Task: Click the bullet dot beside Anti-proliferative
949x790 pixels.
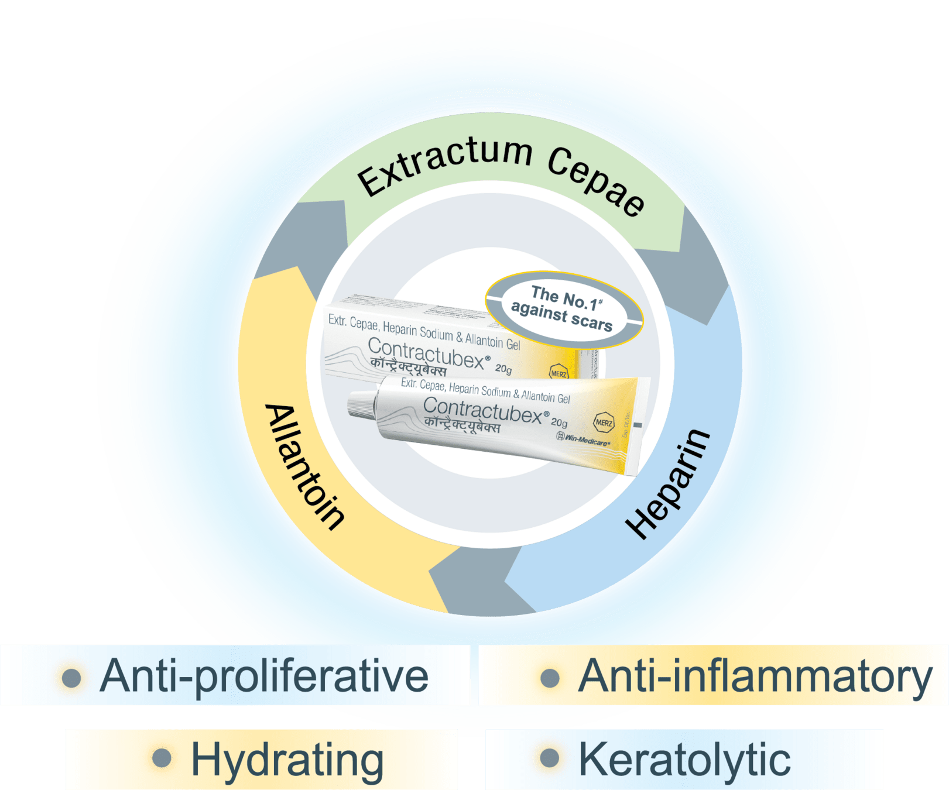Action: point(71,678)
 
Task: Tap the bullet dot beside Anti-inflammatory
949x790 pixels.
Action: point(550,678)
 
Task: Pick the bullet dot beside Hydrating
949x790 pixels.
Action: point(162,758)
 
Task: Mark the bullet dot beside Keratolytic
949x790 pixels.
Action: point(550,758)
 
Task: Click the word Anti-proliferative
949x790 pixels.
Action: point(264,676)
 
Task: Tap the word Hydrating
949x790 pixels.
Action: point(287,760)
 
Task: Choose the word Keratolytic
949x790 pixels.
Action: point(684,760)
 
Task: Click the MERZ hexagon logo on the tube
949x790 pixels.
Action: point(604,422)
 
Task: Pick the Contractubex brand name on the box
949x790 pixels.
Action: point(426,353)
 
